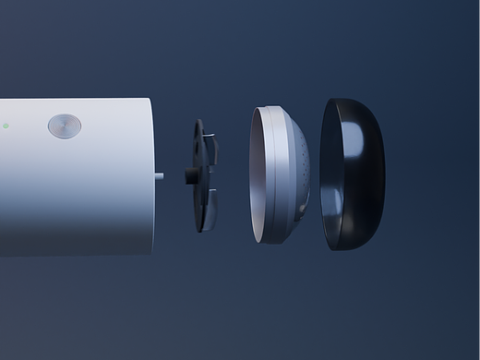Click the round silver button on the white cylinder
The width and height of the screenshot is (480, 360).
64,126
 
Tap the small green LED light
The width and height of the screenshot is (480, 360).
5,126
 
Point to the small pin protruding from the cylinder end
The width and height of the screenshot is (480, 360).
159,174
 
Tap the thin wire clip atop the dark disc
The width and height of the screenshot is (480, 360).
210,136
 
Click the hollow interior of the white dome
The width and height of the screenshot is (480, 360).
263,175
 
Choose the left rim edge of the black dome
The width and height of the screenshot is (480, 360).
325,175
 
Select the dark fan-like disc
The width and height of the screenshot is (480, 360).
202,175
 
